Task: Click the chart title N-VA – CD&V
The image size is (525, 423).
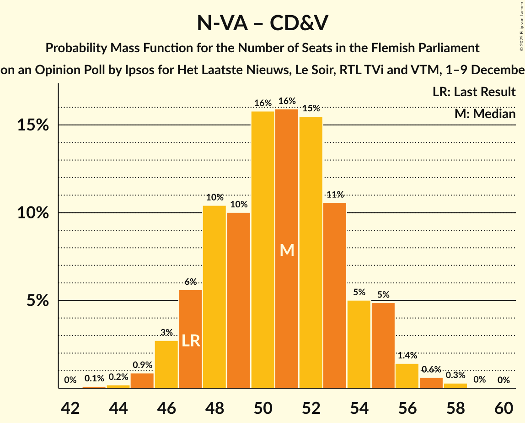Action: [x=262, y=23]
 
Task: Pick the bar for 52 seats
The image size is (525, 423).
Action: [x=311, y=252]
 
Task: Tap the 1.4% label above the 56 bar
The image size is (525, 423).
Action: [x=407, y=355]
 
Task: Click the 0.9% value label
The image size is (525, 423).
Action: [x=142, y=365]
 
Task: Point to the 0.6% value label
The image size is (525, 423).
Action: [x=431, y=369]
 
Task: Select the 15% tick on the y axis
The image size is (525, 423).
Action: [x=33, y=125]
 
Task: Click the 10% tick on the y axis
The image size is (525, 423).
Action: [x=33, y=213]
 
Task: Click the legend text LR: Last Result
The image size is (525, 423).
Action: [x=474, y=92]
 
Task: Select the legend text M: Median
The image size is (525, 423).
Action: [x=485, y=113]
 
